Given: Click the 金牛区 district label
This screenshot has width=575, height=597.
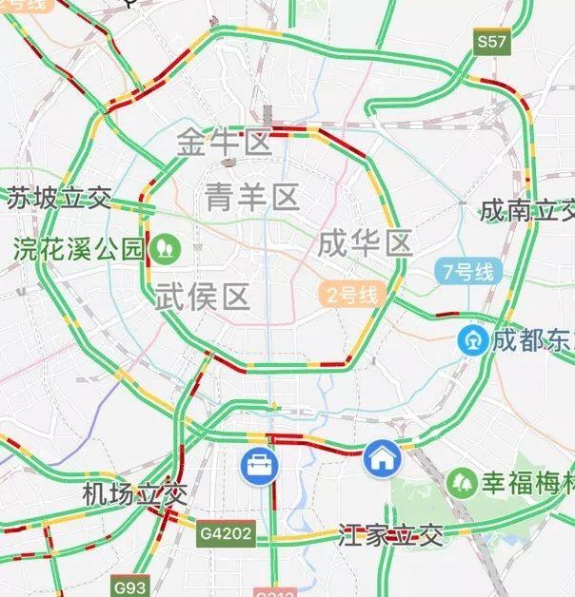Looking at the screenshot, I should pyautogui.click(x=225, y=144).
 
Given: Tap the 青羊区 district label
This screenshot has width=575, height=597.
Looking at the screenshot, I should pyautogui.click(x=251, y=197).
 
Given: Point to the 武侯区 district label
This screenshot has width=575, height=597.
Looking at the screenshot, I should pyautogui.click(x=202, y=298).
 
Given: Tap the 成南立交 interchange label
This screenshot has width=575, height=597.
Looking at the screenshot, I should pyautogui.click(x=527, y=209).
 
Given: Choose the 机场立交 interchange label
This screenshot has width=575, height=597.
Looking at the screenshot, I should pyautogui.click(x=124, y=494).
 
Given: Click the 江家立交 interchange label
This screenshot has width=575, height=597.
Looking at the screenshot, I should pyautogui.click(x=391, y=535).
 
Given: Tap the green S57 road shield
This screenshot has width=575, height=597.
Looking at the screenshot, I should pyautogui.click(x=492, y=42).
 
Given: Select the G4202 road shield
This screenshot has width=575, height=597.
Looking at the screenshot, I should pyautogui.click(x=227, y=534).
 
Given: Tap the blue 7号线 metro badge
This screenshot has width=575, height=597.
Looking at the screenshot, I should pyautogui.click(x=466, y=272).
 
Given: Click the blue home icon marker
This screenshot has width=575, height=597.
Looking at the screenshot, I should pyautogui.click(x=382, y=459).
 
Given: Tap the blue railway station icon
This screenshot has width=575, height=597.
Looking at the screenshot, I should pyautogui.click(x=472, y=338).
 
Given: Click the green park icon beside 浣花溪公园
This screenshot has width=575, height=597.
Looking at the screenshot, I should pyautogui.click(x=166, y=249).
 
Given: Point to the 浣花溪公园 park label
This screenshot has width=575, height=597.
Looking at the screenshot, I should pyautogui.click(x=78, y=250).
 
